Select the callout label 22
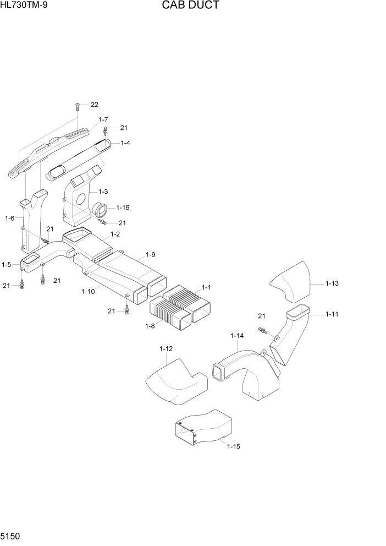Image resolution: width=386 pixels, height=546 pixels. pyautogui.click(x=94, y=105)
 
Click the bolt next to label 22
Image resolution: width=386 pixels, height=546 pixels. pyautogui.click(x=78, y=105)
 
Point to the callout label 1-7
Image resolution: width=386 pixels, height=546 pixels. pyautogui.click(x=103, y=119)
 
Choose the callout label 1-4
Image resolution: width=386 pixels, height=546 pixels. pyautogui.click(x=125, y=143)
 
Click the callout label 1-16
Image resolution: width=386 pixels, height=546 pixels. pyautogui.click(x=123, y=208)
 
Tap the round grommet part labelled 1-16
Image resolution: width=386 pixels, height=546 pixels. pyautogui.click(x=102, y=210)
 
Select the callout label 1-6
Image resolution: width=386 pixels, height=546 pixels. pyautogui.click(x=9, y=219)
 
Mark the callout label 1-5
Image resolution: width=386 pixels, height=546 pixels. pyautogui.click(x=7, y=265)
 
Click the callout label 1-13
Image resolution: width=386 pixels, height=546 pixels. pyautogui.click(x=332, y=283)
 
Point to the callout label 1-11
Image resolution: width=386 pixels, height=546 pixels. pyautogui.click(x=332, y=314)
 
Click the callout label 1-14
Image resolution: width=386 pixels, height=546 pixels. pyautogui.click(x=237, y=336)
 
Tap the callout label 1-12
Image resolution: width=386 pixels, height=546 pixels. pyautogui.click(x=166, y=349)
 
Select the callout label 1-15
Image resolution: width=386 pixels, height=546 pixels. pyautogui.click(x=233, y=446)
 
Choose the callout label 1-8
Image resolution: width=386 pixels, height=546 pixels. pyautogui.click(x=150, y=326)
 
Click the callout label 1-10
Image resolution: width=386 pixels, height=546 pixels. pyautogui.click(x=88, y=292)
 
